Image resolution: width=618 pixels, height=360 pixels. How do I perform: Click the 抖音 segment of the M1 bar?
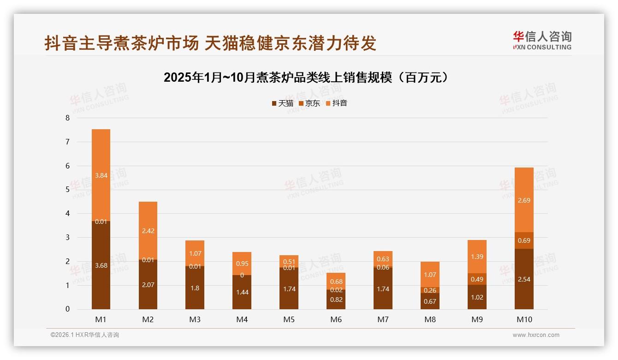click(101, 175)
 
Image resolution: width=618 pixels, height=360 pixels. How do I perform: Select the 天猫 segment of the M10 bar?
click(524, 279)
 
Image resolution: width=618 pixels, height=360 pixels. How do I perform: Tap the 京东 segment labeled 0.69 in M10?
click(524, 240)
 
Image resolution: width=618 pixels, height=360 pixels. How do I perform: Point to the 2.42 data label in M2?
click(148, 231)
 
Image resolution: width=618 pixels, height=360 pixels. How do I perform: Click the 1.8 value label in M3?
click(195, 288)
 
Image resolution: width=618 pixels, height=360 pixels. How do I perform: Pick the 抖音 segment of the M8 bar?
click(430, 275)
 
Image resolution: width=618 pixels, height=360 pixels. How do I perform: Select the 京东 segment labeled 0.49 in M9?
click(477, 279)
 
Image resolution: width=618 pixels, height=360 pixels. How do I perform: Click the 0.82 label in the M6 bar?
click(336, 300)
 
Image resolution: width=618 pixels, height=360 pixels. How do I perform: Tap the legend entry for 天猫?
click(282, 103)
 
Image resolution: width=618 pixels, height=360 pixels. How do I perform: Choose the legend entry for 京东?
click(309, 103)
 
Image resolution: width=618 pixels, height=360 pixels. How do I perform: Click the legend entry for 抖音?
click(336, 103)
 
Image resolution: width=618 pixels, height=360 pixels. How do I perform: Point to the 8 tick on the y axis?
click(67, 118)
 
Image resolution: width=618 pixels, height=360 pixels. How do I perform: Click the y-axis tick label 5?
click(67, 190)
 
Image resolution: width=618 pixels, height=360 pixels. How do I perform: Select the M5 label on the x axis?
click(289, 319)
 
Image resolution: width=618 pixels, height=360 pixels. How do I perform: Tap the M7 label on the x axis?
click(383, 319)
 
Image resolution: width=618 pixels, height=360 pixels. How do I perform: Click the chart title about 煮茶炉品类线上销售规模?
click(306, 78)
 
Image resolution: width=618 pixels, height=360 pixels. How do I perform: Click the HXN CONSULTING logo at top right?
click(542, 41)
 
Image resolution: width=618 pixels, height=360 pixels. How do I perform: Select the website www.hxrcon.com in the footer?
click(536, 335)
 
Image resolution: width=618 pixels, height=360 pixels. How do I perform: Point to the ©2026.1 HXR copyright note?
click(85, 335)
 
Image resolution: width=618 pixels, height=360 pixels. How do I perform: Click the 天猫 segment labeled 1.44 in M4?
click(242, 292)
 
